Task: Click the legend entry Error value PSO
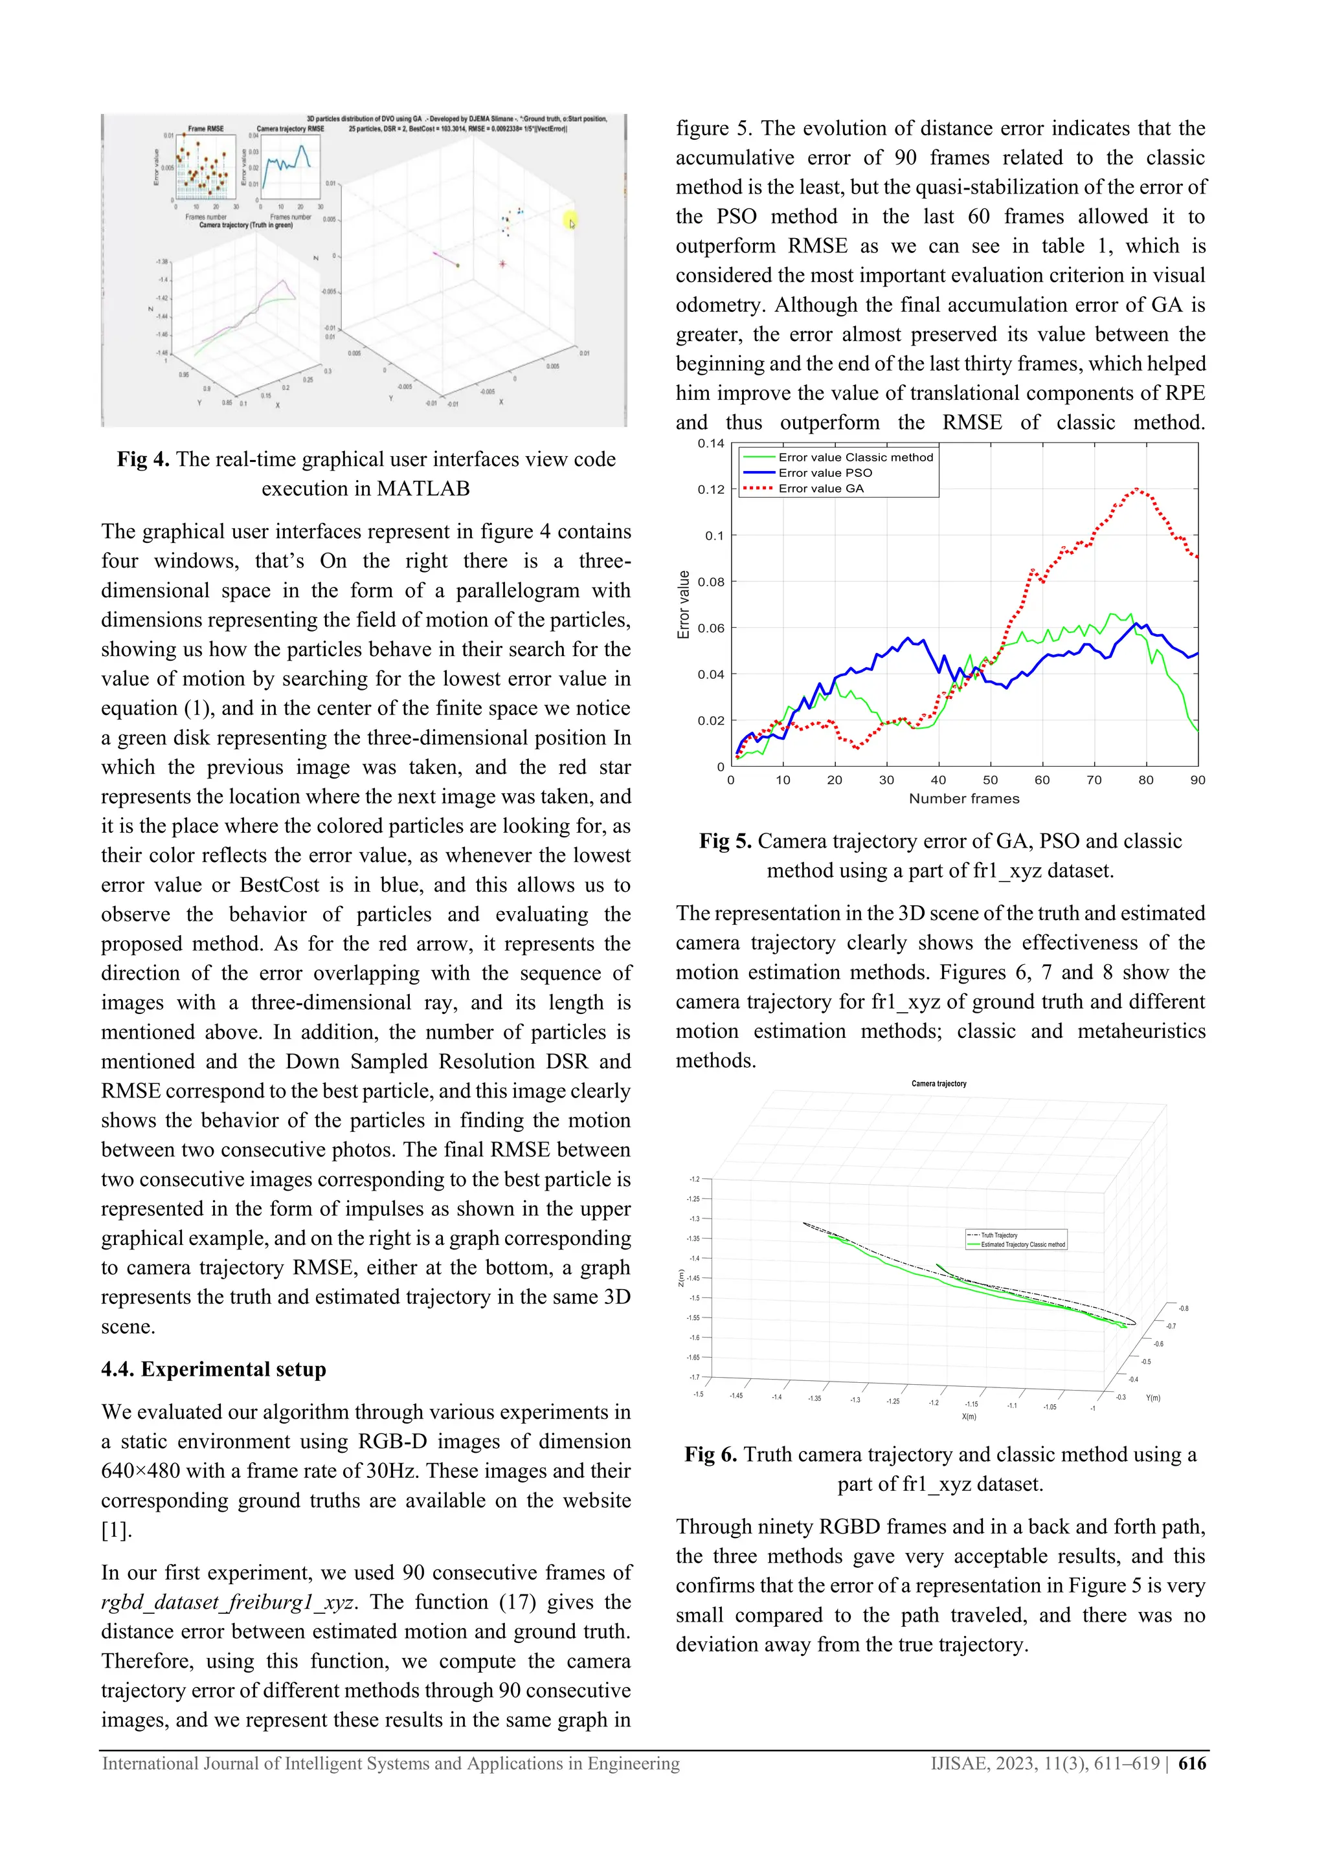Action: click(x=825, y=472)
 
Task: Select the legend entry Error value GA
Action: click(x=820, y=488)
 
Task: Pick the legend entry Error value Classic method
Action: click(x=855, y=457)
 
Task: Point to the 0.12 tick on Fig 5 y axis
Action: click(x=710, y=490)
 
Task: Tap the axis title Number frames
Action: click(x=963, y=799)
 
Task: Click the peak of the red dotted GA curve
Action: click(x=1136, y=490)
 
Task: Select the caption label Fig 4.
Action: click(x=143, y=459)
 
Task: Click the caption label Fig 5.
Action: click(x=725, y=841)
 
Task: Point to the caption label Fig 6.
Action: click(x=710, y=1455)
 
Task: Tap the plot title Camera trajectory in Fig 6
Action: click(x=938, y=1084)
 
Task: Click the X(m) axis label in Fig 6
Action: click(x=969, y=1417)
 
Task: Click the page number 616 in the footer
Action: click(x=1192, y=1764)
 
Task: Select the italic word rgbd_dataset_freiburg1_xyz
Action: click(x=228, y=1602)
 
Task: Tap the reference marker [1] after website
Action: click(x=115, y=1530)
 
